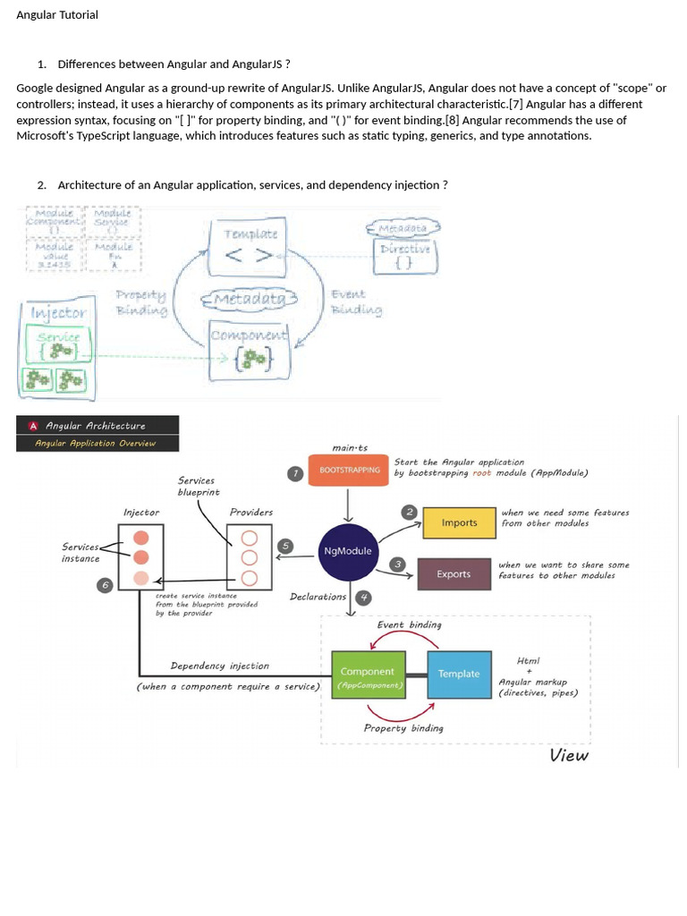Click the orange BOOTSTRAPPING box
coord(349,470)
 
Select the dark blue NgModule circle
coord(348,551)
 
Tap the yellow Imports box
coord(459,523)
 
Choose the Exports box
coord(454,574)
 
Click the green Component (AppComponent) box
coord(368,677)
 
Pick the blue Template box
coord(459,674)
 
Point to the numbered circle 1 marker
coord(295,473)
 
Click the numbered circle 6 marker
coord(105,584)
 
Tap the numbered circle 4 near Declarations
coord(363,598)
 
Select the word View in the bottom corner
coord(569,756)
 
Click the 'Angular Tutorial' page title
coord(57,15)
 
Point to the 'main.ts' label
coord(350,448)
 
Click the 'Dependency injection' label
coord(219,666)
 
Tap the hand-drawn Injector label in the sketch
coord(59,313)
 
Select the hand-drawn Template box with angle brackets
coord(250,244)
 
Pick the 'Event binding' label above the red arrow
coord(409,624)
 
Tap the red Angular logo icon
coord(33,426)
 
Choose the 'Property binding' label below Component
coord(403,728)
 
